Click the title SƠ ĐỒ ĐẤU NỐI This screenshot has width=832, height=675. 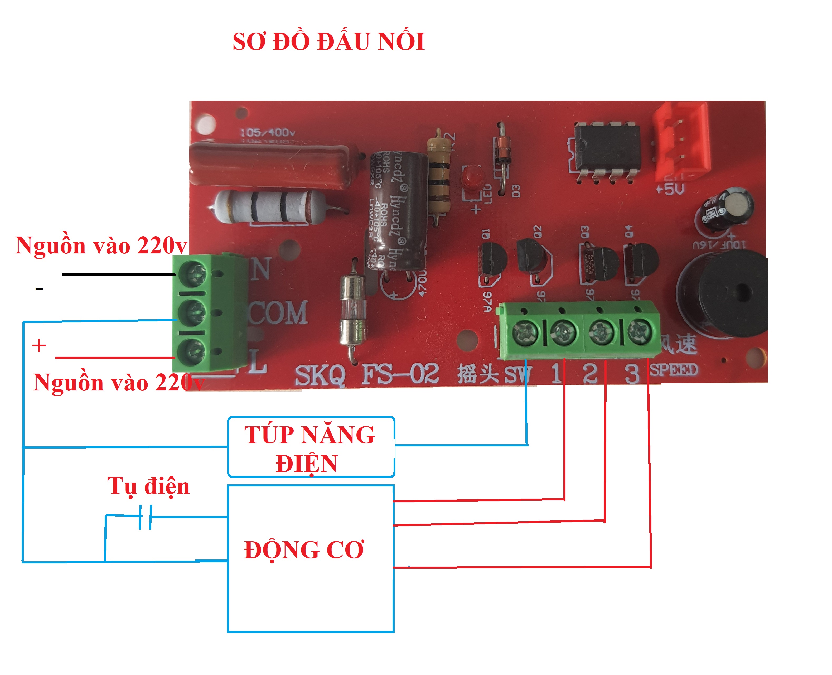point(328,42)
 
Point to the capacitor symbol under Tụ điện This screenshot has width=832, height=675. point(145,517)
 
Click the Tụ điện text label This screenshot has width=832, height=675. point(148,486)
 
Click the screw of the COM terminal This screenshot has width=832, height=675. point(193,312)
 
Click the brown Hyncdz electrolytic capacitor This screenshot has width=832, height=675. point(396,210)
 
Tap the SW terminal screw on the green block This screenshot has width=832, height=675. point(525,333)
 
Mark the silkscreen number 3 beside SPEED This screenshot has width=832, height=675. point(632,373)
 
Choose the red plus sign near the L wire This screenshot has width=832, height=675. point(39,345)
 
